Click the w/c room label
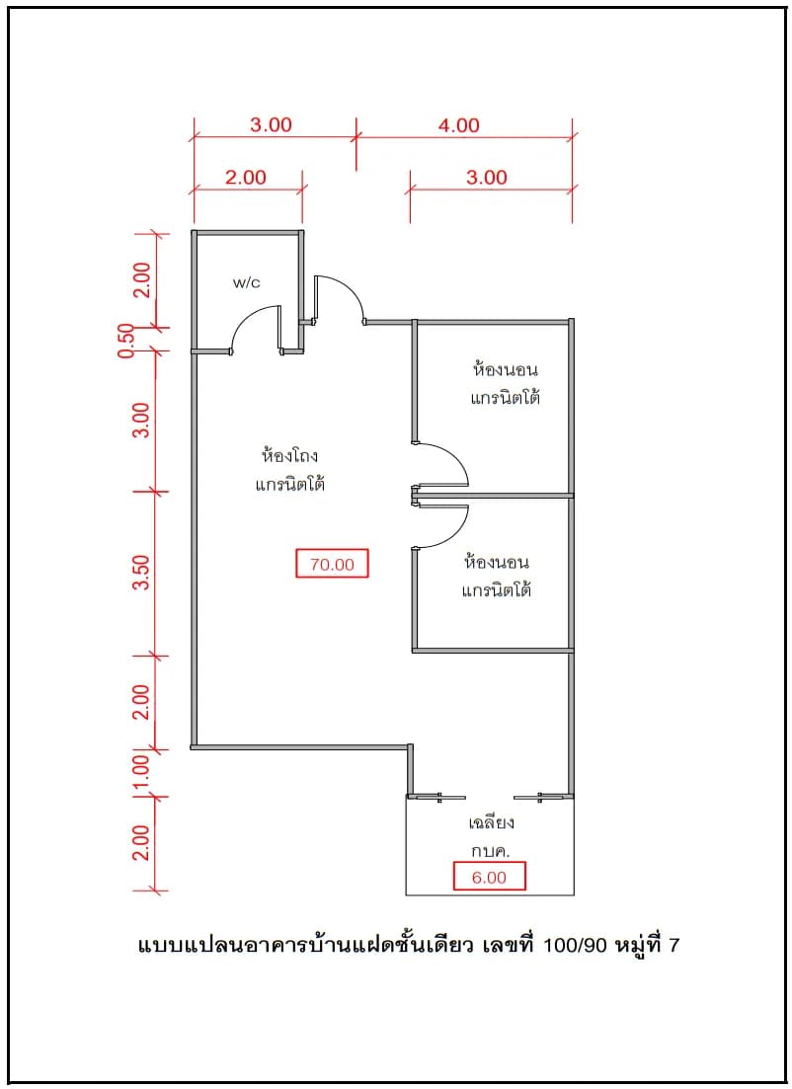pos(247,282)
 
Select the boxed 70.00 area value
pos(332,564)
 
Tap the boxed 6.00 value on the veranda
pos(489,877)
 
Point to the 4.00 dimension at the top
pos(458,125)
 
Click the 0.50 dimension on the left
pos(125,340)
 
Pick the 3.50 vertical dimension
pos(141,573)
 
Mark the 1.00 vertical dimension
pos(141,772)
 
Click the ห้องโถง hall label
pos(289,455)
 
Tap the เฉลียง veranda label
pos(491,823)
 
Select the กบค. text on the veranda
pos(491,851)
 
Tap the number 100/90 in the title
pos(575,945)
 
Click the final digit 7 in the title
pos(673,945)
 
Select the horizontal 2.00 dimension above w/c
pos(245,177)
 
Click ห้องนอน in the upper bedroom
pos(505,369)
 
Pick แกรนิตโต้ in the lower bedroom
pos(497,589)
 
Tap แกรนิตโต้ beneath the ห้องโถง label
pos(289,483)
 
